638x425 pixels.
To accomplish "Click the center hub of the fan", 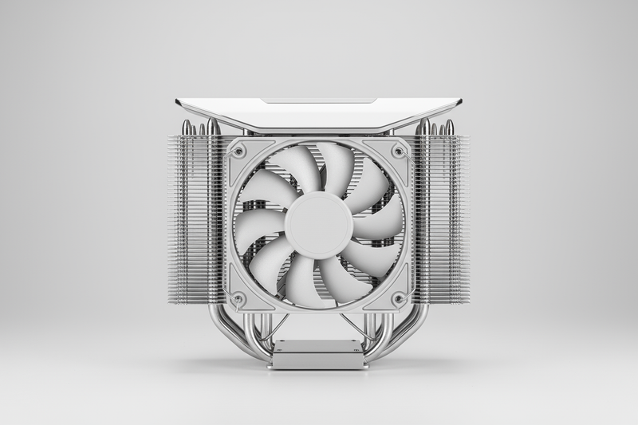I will [319, 224].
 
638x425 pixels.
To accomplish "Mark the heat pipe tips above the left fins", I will [199, 127].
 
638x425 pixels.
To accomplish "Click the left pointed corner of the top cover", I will [179, 102].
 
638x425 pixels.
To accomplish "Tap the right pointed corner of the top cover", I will [459, 102].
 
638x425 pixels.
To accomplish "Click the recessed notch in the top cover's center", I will [319, 102].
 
